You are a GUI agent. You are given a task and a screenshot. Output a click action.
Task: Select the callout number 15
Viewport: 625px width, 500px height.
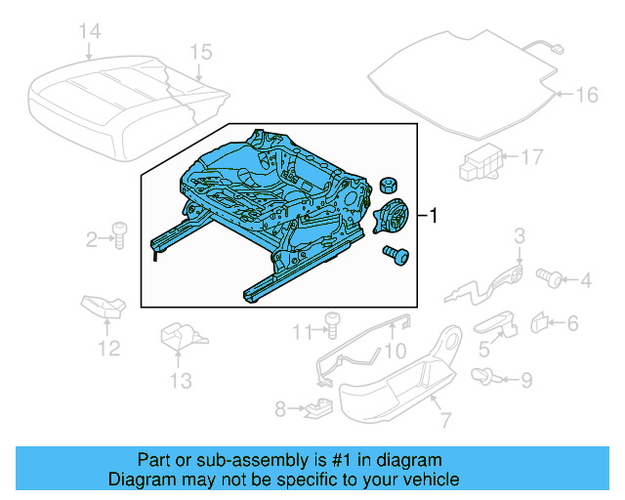pyautogui.click(x=200, y=51)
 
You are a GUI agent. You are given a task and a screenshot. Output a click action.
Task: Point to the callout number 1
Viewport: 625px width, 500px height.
pyautogui.click(x=435, y=215)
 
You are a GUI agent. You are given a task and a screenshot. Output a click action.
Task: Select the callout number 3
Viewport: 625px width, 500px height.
pyautogui.click(x=520, y=234)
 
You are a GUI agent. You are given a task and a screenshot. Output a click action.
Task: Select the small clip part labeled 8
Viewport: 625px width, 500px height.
pyautogui.click(x=315, y=408)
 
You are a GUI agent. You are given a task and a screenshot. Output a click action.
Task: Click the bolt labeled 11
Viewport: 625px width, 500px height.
pyautogui.click(x=331, y=322)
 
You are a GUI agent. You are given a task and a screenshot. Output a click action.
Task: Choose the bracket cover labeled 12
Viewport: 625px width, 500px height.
pyautogui.click(x=104, y=306)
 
